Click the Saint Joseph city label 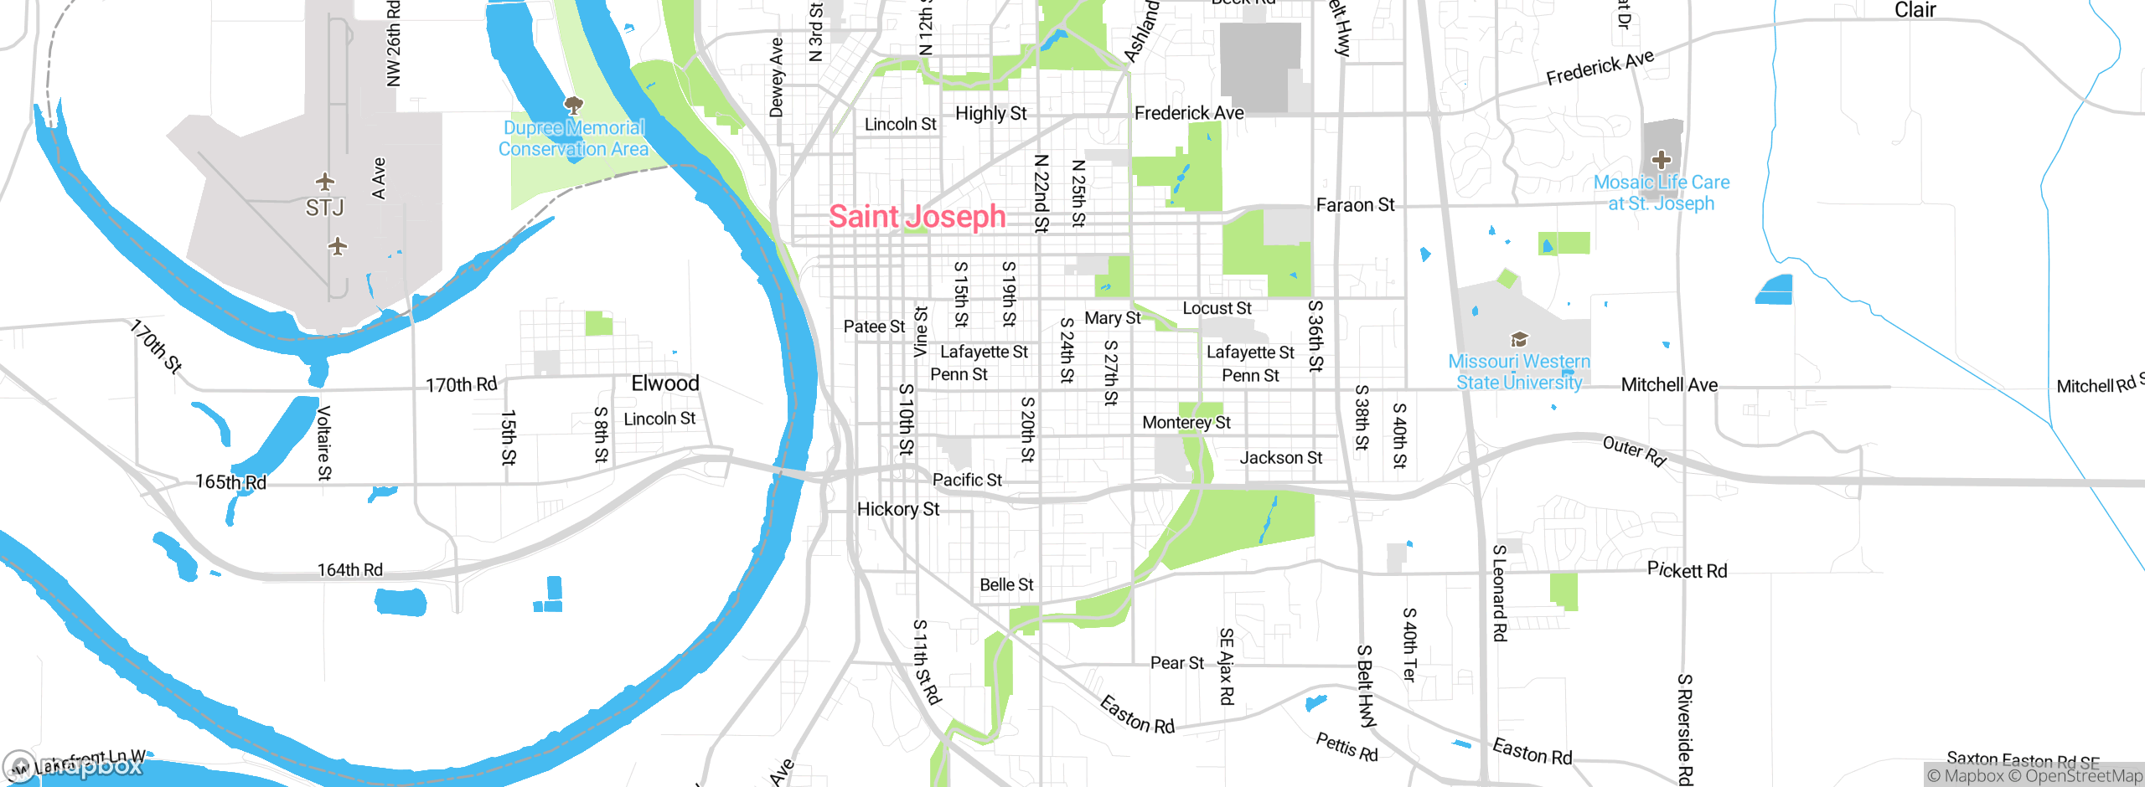(x=917, y=217)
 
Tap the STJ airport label (x=324, y=208)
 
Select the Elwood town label (x=664, y=383)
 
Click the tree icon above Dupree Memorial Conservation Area (x=573, y=105)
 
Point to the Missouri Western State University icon (x=1519, y=339)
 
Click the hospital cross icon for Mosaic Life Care (x=1661, y=159)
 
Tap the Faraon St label (x=1355, y=205)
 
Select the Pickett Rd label (x=1687, y=570)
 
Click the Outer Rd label (x=1633, y=450)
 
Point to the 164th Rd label (x=349, y=570)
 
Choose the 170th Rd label (x=461, y=385)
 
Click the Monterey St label (x=1186, y=423)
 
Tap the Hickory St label (x=897, y=509)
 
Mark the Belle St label (x=1006, y=585)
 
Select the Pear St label (x=1176, y=663)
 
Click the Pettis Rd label (x=1346, y=746)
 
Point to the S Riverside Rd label (x=1684, y=728)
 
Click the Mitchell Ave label (x=1669, y=385)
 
